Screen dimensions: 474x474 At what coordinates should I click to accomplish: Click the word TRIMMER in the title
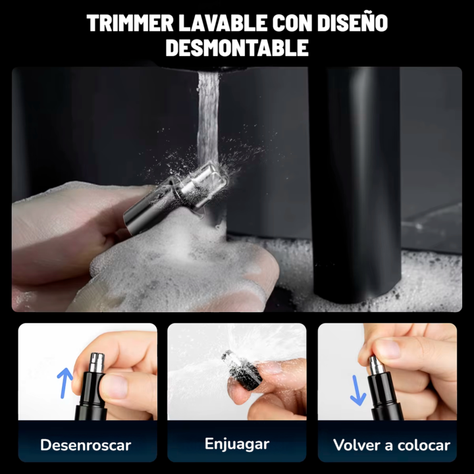(x=130, y=22)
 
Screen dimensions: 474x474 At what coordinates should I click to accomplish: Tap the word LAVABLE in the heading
(x=223, y=22)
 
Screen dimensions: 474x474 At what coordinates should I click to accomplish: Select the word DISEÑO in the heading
(x=352, y=22)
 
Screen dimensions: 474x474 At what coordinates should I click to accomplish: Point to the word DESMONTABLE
(x=237, y=48)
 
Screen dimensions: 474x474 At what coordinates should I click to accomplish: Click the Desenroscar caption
(x=86, y=445)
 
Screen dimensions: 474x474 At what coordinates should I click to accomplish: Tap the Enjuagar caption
(x=237, y=444)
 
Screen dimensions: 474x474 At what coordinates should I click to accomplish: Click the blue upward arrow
(x=63, y=382)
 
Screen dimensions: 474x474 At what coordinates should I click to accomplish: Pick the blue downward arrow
(x=357, y=390)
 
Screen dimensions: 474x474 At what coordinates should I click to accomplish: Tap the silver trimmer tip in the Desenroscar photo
(x=97, y=363)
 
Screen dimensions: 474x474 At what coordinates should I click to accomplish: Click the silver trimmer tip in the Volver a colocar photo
(x=376, y=365)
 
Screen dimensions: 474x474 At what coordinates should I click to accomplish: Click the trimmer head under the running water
(x=176, y=197)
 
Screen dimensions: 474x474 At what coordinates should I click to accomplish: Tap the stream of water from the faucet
(x=208, y=118)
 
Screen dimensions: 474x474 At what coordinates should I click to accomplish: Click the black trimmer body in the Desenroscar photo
(x=92, y=396)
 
